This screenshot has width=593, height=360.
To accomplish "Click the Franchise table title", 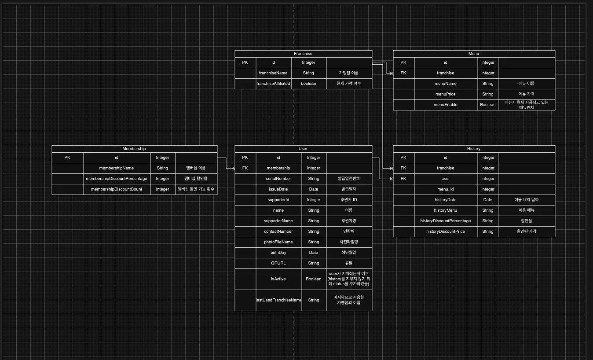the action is [x=303, y=54].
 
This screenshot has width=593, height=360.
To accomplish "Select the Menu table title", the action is [x=474, y=54].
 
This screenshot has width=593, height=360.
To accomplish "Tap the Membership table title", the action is [x=134, y=149].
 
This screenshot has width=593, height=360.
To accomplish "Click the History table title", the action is [x=474, y=149].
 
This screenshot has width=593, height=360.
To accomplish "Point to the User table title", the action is [x=303, y=149].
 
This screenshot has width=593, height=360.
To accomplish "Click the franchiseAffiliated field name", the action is [x=273, y=84].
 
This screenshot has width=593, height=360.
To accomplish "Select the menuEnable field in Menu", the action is [x=445, y=105].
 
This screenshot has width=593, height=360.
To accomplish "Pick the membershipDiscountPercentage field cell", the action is [x=117, y=179].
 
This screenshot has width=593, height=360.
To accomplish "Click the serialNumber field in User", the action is [x=278, y=179].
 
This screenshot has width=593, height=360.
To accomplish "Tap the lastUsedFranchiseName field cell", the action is [x=278, y=300].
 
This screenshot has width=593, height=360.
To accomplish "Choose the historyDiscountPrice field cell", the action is [x=445, y=231].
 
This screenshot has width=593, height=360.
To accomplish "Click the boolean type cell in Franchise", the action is [x=308, y=84].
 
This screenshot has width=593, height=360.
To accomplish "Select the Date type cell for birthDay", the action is [x=314, y=253].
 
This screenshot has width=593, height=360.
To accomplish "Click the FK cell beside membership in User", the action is [x=245, y=168].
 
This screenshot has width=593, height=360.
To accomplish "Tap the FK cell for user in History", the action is [x=403, y=179].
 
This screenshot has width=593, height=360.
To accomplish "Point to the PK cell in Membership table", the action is [x=67, y=158].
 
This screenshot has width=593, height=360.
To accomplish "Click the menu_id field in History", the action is [x=445, y=189].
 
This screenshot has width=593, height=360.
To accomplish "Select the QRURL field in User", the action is [x=278, y=263].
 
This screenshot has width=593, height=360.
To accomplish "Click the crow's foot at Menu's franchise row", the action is [x=392, y=73].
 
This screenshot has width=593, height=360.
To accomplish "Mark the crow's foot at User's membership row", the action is [x=233, y=168].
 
